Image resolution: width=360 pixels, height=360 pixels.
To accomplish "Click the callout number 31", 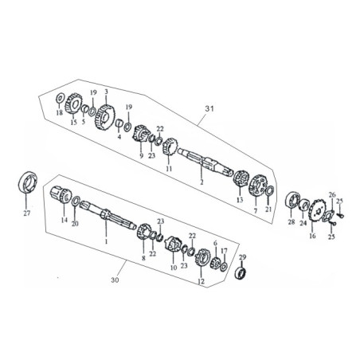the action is pyautogui.click(x=209, y=108).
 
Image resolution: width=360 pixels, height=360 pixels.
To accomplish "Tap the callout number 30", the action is pyautogui.click(x=115, y=280).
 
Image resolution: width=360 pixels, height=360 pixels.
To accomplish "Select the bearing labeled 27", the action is pyautogui.click(x=28, y=182).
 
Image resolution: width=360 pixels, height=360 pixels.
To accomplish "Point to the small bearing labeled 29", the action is pyautogui.click(x=241, y=273).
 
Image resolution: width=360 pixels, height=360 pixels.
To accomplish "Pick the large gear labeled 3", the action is pyautogui.click(x=105, y=117).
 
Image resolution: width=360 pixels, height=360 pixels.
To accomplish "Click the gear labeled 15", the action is pyautogui.click(x=73, y=104).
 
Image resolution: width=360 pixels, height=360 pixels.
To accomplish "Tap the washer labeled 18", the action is pyautogui.click(x=60, y=99).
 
